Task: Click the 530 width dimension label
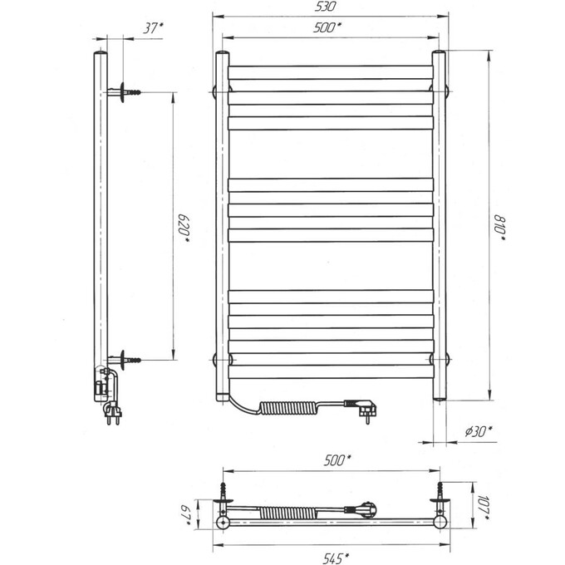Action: [325, 7]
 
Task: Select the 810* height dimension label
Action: [500, 228]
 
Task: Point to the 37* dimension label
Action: [152, 27]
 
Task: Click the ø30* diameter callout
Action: [479, 431]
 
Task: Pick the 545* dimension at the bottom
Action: [336, 558]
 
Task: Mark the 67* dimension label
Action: [186, 515]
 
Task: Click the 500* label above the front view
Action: [327, 27]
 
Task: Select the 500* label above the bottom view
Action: [337, 460]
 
